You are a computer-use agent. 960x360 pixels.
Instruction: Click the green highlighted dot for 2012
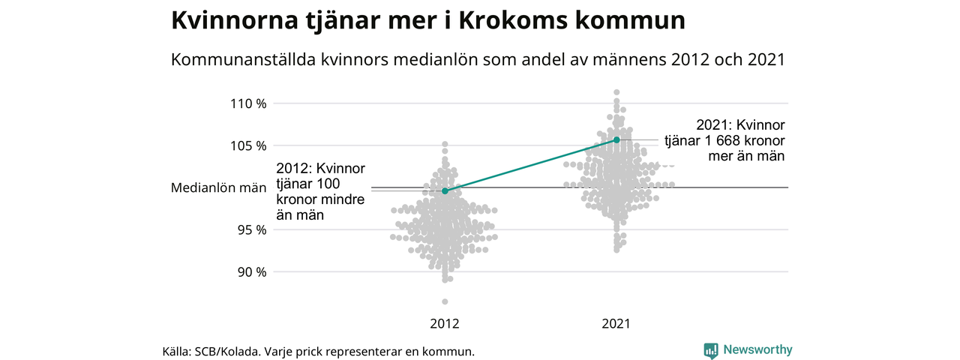click(x=445, y=191)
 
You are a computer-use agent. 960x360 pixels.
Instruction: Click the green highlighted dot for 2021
click(x=616, y=139)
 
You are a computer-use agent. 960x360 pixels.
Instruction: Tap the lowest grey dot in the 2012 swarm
click(x=445, y=301)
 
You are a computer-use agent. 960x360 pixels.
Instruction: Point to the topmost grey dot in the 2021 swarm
click(x=616, y=91)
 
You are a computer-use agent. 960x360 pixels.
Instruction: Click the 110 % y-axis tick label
click(x=248, y=103)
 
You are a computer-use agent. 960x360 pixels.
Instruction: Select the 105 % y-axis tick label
click(x=248, y=145)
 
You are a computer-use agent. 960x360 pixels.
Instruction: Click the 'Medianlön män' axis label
click(x=214, y=187)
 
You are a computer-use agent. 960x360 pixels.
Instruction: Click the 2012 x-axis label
click(x=445, y=324)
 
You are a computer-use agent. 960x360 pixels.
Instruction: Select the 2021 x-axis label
click(x=616, y=324)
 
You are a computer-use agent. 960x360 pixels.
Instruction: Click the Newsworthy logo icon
click(x=711, y=349)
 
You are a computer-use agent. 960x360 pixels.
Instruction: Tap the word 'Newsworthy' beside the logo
click(x=757, y=349)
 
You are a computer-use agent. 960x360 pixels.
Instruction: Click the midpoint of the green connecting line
click(x=531, y=165)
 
